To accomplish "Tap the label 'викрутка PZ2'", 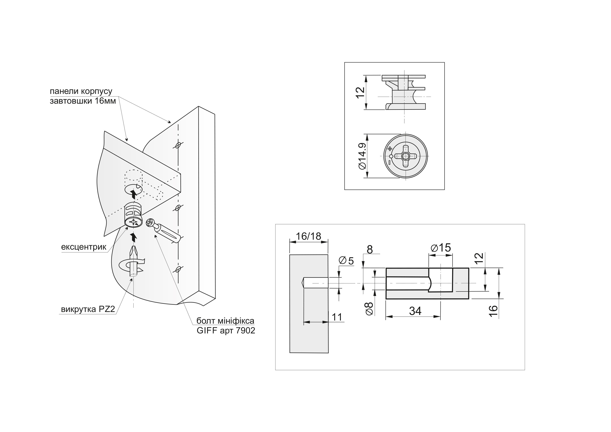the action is [x=88, y=309].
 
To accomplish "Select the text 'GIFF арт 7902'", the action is [x=226, y=331].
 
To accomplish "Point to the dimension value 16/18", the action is [x=308, y=236].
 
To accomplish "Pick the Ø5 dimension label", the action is [x=346, y=261].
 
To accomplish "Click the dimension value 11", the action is [x=337, y=317].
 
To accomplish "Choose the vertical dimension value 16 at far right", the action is [x=493, y=311].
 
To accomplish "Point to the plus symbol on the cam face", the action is [x=390, y=149].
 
